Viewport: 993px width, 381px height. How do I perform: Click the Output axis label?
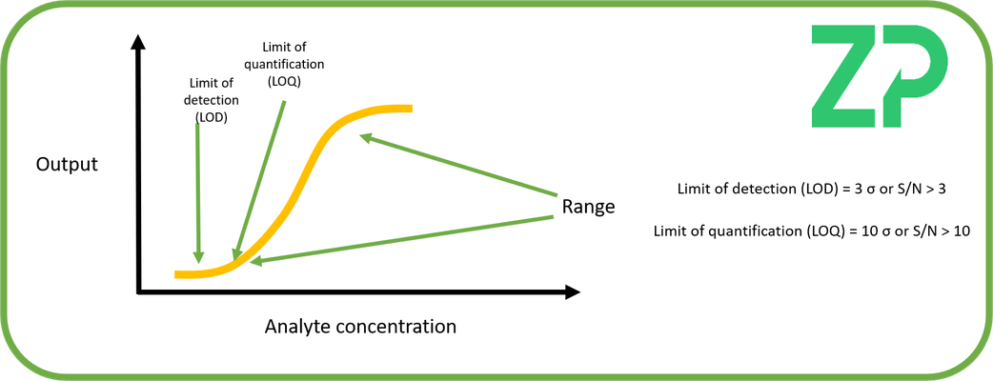coord(67,165)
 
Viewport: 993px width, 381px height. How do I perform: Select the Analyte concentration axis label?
coord(360,327)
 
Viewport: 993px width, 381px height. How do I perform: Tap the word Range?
coord(588,207)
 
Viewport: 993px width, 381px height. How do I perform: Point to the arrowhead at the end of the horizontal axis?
coord(572,292)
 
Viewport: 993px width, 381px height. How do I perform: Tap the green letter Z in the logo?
coord(845,76)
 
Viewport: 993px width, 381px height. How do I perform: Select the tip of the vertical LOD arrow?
coord(199,263)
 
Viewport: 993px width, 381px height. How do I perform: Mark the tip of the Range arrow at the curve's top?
coord(358,133)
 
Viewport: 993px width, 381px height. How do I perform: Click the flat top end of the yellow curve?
coord(412,109)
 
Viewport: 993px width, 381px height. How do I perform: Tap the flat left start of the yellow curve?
coord(176,274)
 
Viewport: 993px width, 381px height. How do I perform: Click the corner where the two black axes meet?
coord(138,292)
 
